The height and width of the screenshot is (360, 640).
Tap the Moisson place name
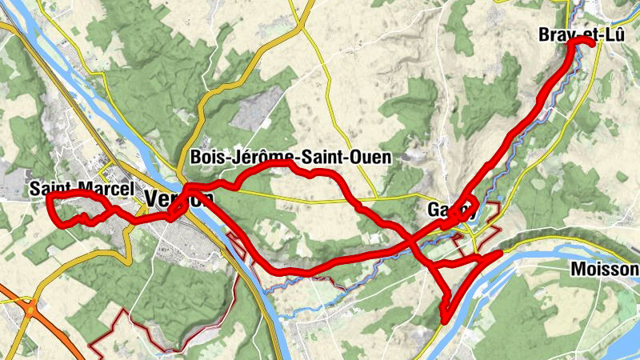(604, 270)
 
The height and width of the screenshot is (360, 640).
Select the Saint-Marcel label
(81, 190)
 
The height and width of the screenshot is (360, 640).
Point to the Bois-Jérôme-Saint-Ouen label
(291, 158)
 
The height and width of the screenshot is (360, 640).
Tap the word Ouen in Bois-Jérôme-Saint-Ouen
(373, 158)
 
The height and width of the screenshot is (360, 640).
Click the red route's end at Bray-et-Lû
(593, 44)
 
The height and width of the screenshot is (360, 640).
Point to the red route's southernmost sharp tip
(443, 321)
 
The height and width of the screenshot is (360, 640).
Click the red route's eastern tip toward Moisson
(499, 254)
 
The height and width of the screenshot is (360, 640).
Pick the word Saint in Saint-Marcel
(49, 190)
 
